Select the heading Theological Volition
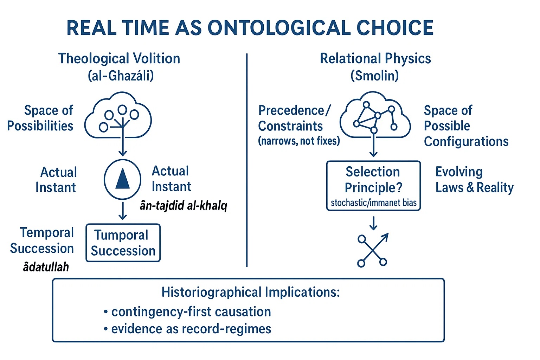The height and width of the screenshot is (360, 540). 119,59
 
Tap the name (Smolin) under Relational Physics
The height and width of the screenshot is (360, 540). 375,76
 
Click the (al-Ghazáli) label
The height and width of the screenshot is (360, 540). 121,76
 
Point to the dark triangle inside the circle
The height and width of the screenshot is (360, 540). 122,179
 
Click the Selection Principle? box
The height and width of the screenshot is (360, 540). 373,186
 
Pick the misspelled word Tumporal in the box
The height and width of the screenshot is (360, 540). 121,235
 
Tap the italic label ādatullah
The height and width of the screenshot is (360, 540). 46,267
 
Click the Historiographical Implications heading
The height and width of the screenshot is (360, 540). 250,292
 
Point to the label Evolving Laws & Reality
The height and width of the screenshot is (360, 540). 474,180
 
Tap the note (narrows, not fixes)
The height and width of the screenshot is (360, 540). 299,141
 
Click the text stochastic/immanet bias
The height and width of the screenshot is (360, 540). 374,203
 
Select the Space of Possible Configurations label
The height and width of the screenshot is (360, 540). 466,126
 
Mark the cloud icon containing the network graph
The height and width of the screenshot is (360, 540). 375,115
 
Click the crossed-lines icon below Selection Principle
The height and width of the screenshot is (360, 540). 372,250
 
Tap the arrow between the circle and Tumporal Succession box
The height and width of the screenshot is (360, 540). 123,211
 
